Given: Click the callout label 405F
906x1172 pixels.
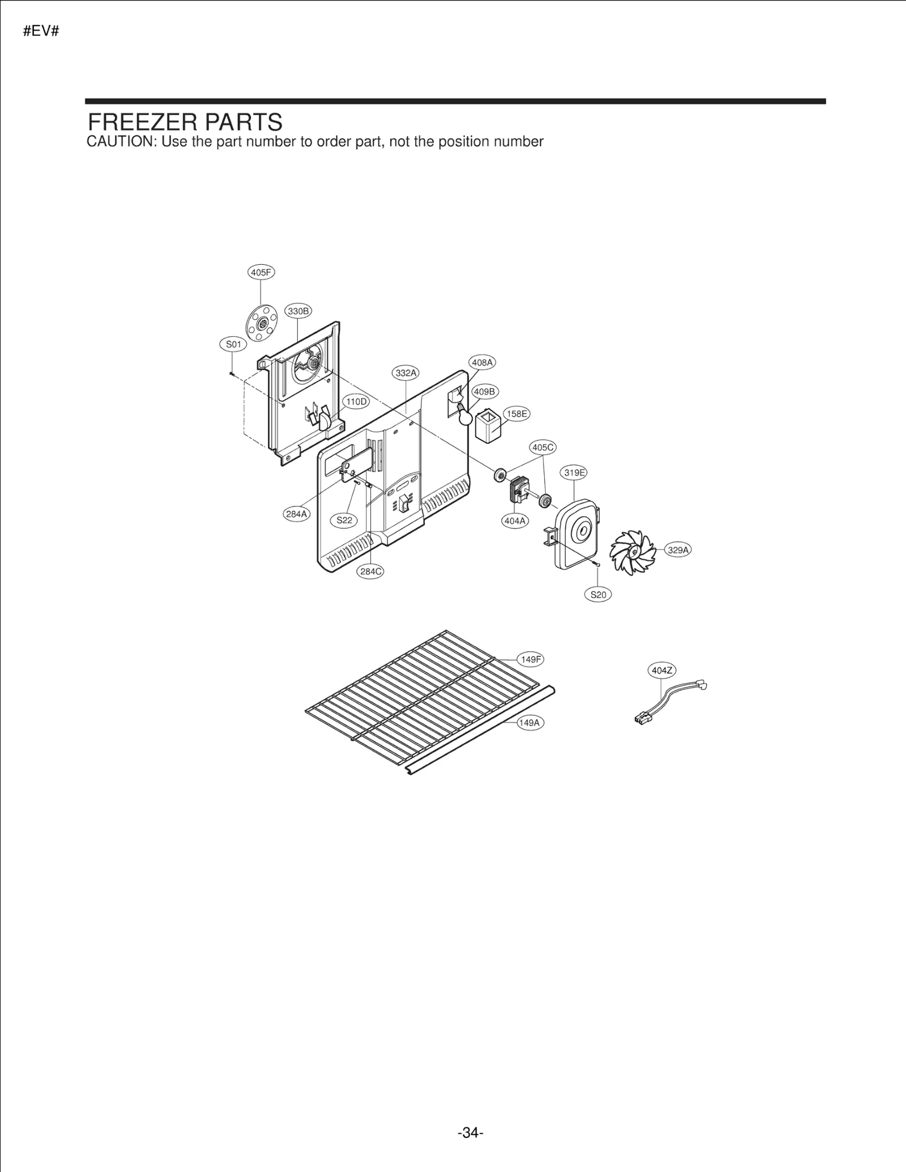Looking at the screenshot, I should coord(261,272).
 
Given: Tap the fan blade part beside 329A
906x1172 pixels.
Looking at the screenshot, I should coord(632,552).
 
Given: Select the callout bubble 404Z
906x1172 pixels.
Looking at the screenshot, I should coord(662,671).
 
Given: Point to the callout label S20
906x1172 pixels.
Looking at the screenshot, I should coord(598,595).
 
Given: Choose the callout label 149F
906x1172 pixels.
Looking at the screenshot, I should coord(531,659).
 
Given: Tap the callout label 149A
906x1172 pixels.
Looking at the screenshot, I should coord(530,723).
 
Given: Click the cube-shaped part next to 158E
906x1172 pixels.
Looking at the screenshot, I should coord(488,428).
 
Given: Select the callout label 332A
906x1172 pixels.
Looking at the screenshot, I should coord(406,373).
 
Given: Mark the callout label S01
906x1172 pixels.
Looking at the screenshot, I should coord(233,344).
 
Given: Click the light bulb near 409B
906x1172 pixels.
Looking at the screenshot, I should coord(465,417).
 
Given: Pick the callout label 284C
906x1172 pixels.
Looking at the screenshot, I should coord(370,572).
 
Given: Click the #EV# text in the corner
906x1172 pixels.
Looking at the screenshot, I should coord(41,31).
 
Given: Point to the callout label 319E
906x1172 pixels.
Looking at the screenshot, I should coord(574,473).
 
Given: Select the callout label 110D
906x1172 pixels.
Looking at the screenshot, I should coord(356,402).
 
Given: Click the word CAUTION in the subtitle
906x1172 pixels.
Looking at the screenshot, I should coord(121,141).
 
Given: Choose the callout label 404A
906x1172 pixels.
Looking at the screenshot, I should coord(515,521).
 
